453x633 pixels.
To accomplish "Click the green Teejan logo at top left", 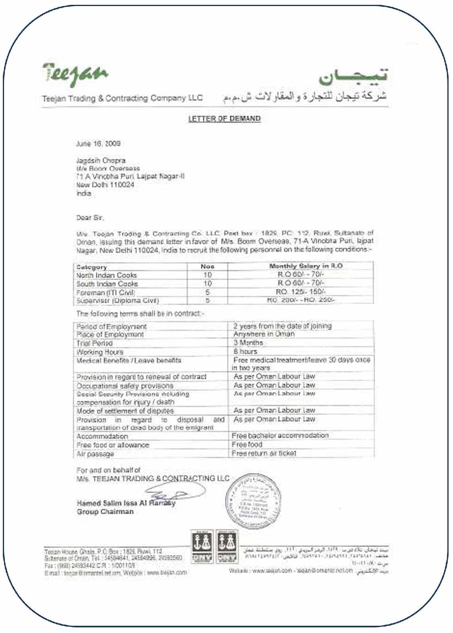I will tap(75, 74).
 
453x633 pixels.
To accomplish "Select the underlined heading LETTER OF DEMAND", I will tap(224, 119).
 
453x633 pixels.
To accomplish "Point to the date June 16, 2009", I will tap(98, 144).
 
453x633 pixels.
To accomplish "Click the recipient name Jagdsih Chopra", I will tap(101, 160).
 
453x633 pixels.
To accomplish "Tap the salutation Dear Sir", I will tap(90, 218).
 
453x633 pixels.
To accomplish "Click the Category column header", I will tap(91, 267).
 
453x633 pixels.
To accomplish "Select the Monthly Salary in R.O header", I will tap(306, 266).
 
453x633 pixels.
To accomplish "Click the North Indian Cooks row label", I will tap(107, 275).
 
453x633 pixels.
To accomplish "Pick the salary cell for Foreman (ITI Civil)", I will tap(301, 292).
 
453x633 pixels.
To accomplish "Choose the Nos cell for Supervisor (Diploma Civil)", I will tap(207, 300).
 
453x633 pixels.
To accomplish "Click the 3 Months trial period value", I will tap(248, 343).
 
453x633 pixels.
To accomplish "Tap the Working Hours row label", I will tap(100, 352).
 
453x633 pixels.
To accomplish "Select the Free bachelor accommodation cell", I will tap(280, 436).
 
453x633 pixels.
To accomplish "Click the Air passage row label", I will tap(95, 454).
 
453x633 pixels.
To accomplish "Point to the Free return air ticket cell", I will tap(264, 453).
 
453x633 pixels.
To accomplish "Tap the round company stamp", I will tap(252, 501).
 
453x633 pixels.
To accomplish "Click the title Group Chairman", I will tap(105, 512).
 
